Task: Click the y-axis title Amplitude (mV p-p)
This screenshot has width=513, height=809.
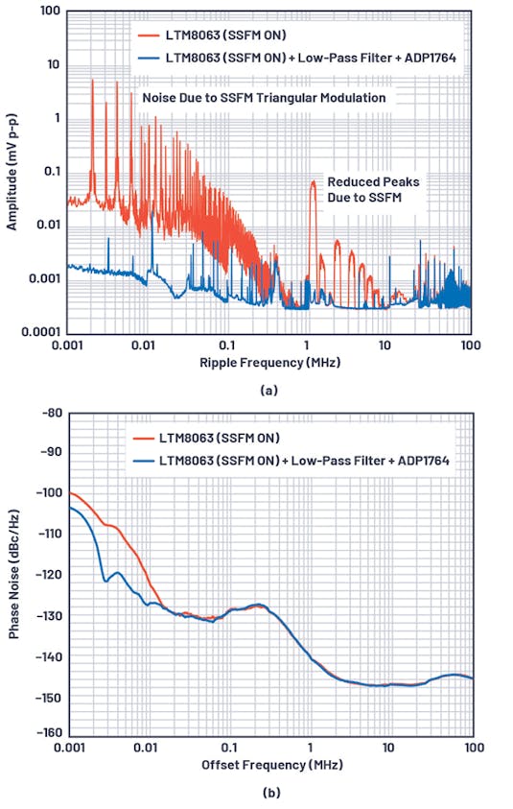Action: pyautogui.click(x=12, y=171)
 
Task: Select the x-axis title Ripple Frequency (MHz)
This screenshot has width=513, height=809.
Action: pyautogui.click(x=269, y=364)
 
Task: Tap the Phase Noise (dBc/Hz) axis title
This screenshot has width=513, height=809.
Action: pyautogui.click(x=12, y=572)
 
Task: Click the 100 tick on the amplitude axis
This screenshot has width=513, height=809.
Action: pyautogui.click(x=51, y=12)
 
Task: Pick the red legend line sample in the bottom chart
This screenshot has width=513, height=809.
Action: pyautogui.click(x=144, y=439)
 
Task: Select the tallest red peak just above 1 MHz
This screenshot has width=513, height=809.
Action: pyautogui.click(x=313, y=182)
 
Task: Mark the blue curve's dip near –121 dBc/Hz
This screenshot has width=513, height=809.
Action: pyautogui.click(x=105, y=581)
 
